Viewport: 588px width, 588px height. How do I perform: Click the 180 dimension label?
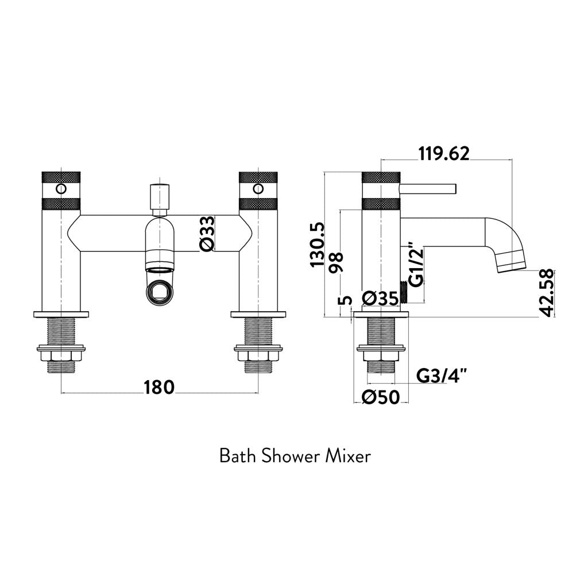[158, 388]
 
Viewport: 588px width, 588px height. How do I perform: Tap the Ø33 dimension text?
[207, 233]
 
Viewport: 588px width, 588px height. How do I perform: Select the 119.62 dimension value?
[444, 154]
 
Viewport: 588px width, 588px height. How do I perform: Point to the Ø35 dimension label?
[381, 298]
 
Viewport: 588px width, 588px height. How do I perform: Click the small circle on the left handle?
[60, 188]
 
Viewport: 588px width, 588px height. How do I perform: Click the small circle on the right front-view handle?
[258, 188]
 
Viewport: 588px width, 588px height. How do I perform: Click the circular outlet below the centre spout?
[158, 291]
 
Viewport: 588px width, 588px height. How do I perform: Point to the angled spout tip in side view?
[512, 261]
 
